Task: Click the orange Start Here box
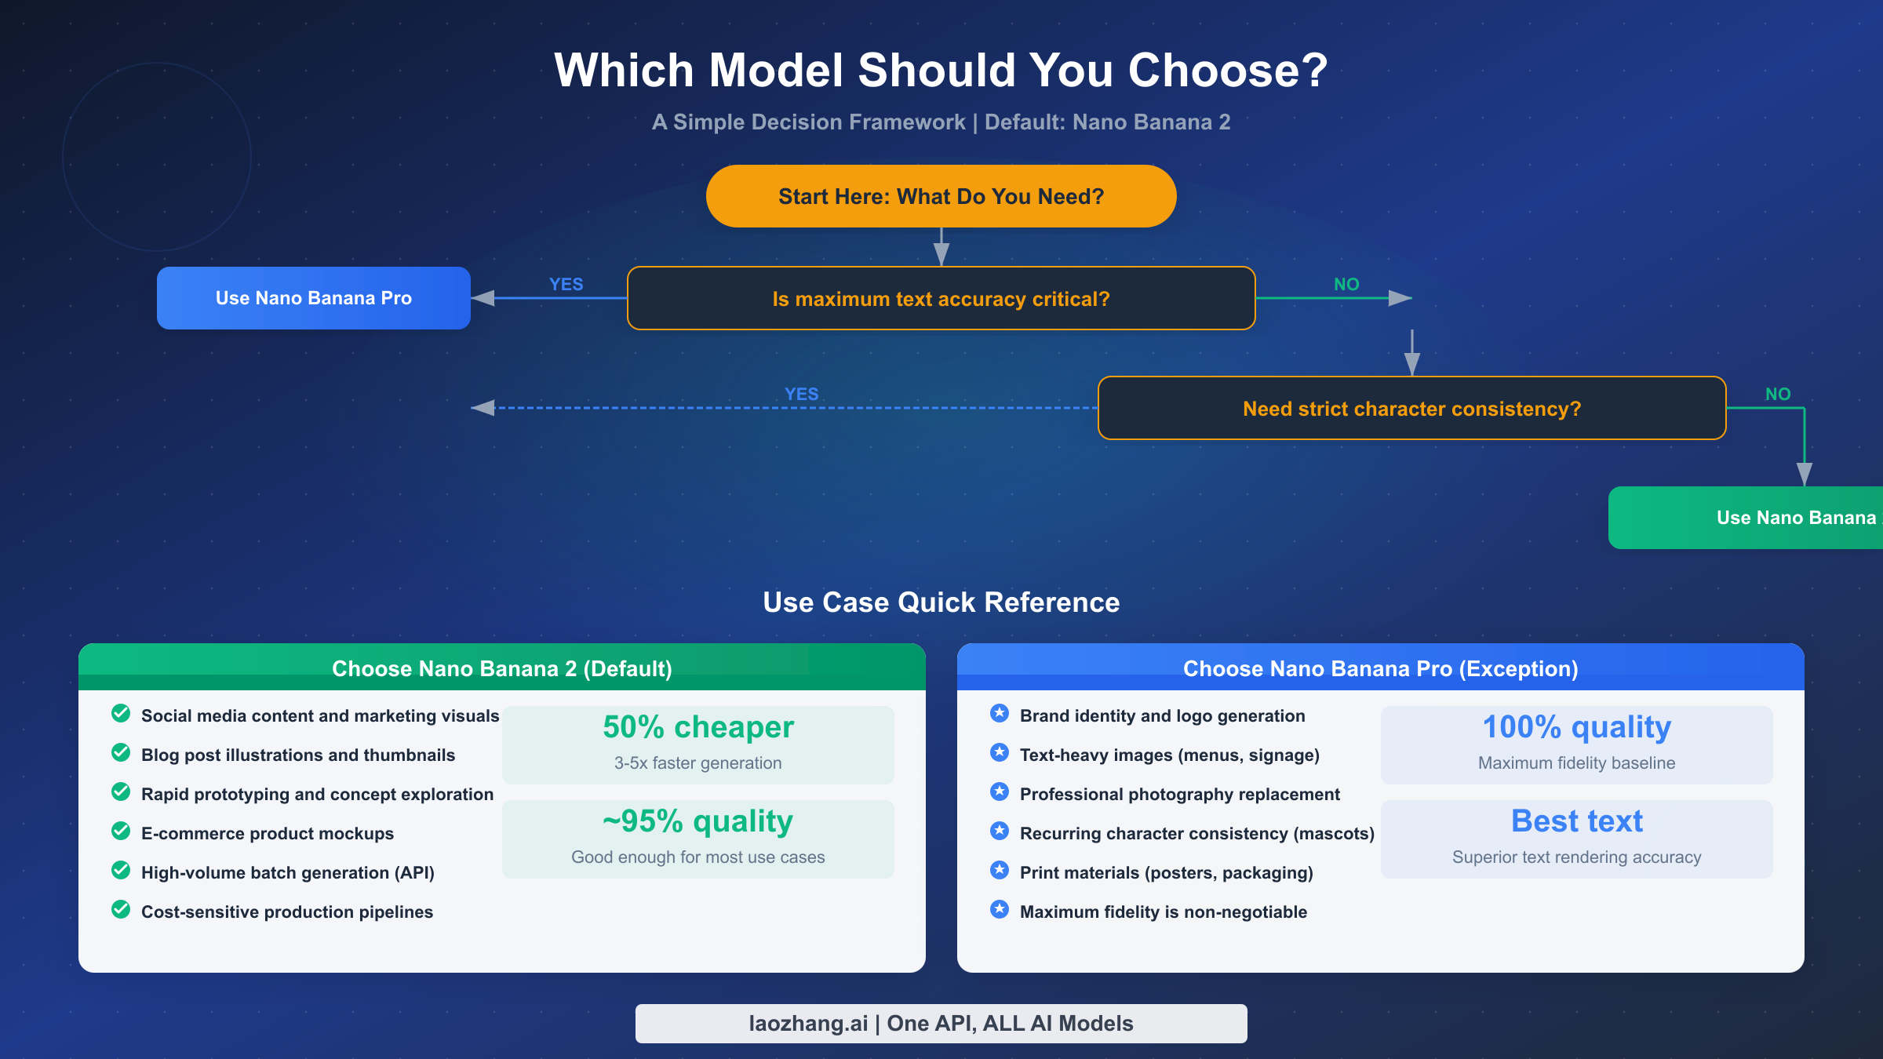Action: (x=941, y=196)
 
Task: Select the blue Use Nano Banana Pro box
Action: (x=314, y=298)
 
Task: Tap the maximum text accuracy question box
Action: (x=941, y=299)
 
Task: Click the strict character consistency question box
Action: (x=1411, y=409)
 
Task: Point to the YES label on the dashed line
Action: (x=801, y=394)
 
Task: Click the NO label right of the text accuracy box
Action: (x=1346, y=284)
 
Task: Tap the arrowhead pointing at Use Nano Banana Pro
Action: (x=483, y=298)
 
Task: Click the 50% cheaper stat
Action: (x=698, y=727)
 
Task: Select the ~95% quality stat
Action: (x=698, y=821)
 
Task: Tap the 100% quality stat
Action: (x=1576, y=727)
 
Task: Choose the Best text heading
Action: (x=1576, y=821)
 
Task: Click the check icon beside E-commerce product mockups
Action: (x=121, y=831)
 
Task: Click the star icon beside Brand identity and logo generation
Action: (x=1000, y=713)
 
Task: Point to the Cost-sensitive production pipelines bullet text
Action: (x=287, y=912)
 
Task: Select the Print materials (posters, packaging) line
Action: (x=1166, y=872)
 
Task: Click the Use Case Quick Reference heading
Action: (x=941, y=602)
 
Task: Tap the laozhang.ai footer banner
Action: (x=941, y=1024)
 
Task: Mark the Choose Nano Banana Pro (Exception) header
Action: (x=1380, y=668)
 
